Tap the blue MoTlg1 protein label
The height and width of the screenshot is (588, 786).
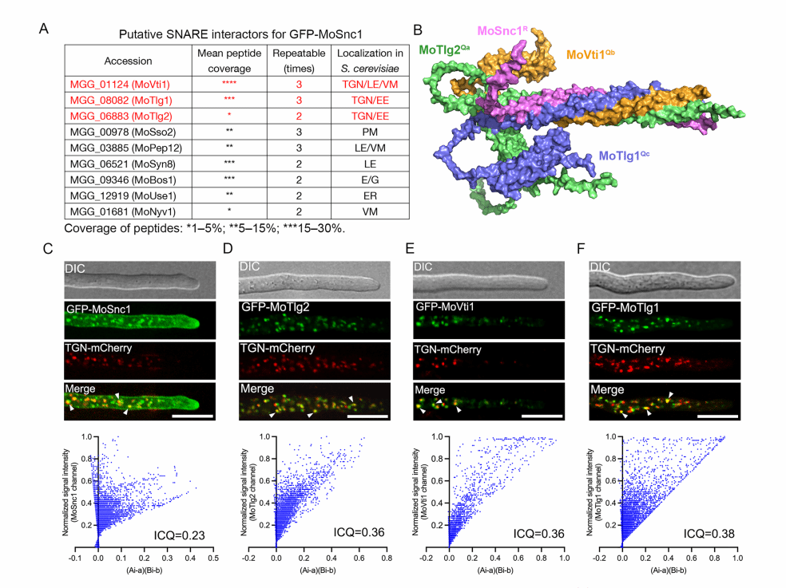click(x=627, y=158)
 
